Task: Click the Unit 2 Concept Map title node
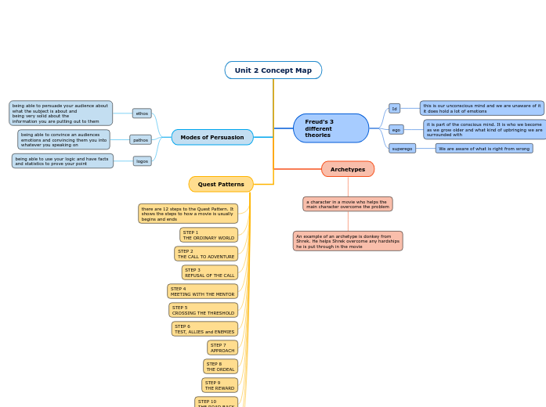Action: (273, 70)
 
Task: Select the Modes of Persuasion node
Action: (212, 138)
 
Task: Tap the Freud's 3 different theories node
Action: (330, 128)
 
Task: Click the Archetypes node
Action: (347, 169)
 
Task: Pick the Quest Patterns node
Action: (221, 185)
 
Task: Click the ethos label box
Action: (142, 113)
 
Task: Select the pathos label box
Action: (140, 140)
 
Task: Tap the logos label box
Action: (142, 161)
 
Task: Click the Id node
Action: (395, 109)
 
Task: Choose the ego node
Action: (396, 130)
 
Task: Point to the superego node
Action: (402, 149)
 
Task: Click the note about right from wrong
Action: (483, 149)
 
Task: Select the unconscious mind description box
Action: (481, 108)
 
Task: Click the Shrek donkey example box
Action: (348, 241)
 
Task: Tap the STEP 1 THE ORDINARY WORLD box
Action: (208, 235)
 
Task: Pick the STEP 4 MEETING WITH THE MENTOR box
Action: (202, 291)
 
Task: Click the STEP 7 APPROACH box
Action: (222, 348)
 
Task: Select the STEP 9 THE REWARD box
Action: (219, 385)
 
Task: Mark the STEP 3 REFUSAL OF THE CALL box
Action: (209, 272)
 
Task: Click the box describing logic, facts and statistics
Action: (63, 161)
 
